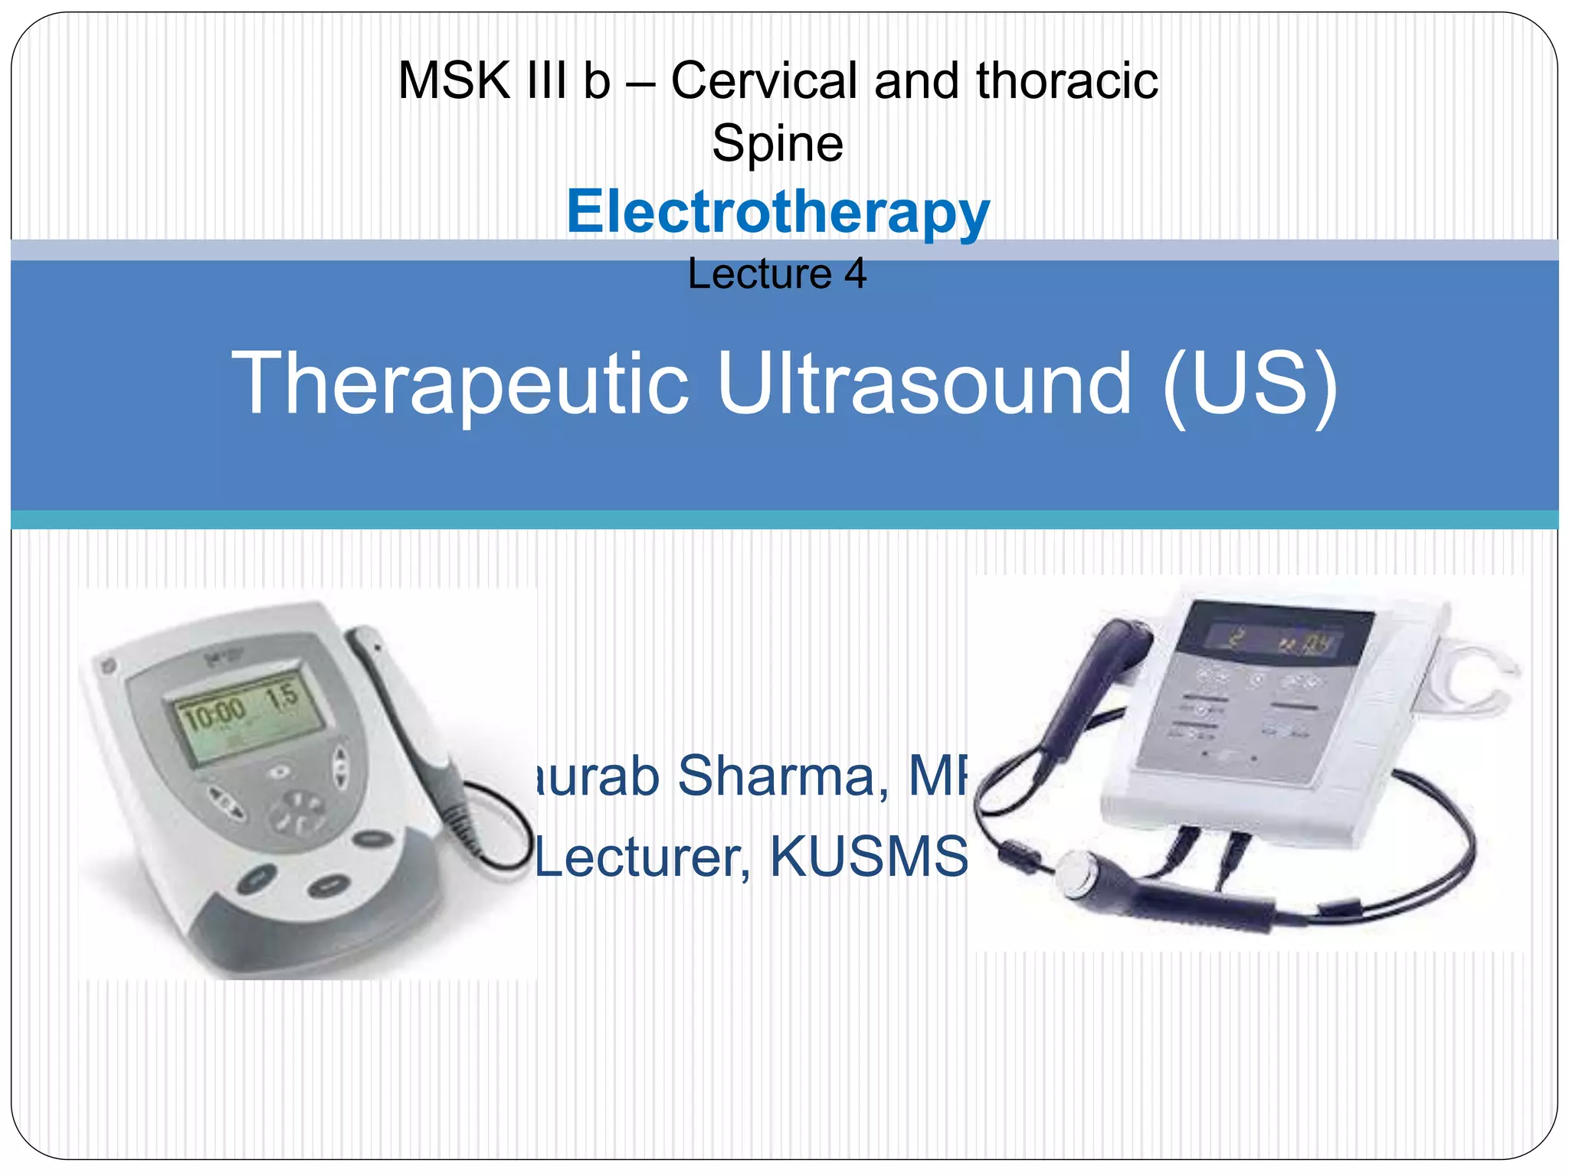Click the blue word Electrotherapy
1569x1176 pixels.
778,212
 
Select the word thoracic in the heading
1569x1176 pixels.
1066,80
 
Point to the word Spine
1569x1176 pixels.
778,143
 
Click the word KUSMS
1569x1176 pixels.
869,856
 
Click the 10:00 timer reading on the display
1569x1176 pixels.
215,715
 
